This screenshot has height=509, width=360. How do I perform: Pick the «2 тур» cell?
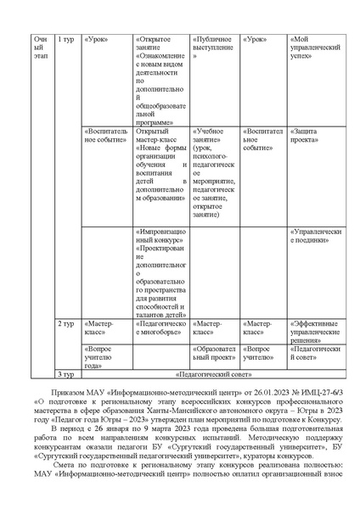tap(65, 323)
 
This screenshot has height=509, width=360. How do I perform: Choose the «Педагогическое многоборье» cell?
tap(160, 328)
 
